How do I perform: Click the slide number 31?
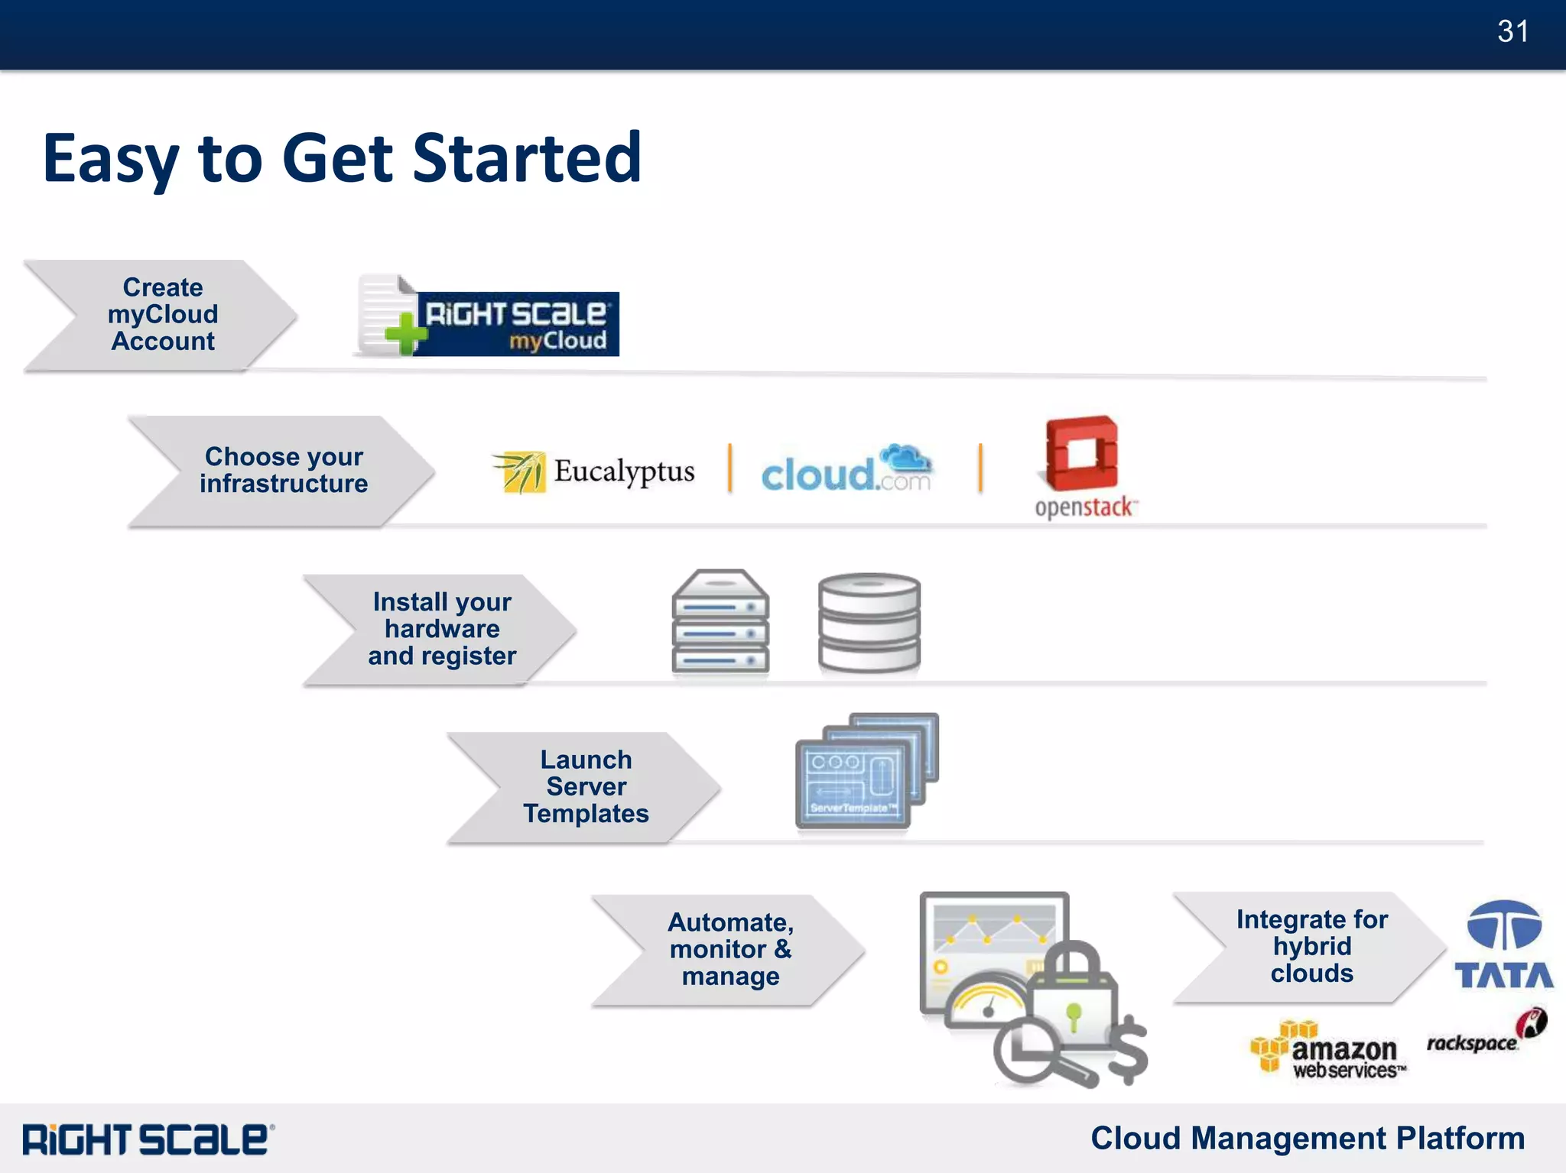coord(1512,31)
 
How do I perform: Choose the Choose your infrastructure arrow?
coord(283,471)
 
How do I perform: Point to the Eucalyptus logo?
coord(593,471)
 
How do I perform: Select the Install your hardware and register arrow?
coord(441,629)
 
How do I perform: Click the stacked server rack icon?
coord(720,622)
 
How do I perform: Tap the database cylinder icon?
coord(869,623)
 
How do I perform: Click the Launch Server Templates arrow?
coord(586,787)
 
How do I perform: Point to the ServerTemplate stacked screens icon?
coord(866,772)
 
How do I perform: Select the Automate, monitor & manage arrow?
coord(730,950)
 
